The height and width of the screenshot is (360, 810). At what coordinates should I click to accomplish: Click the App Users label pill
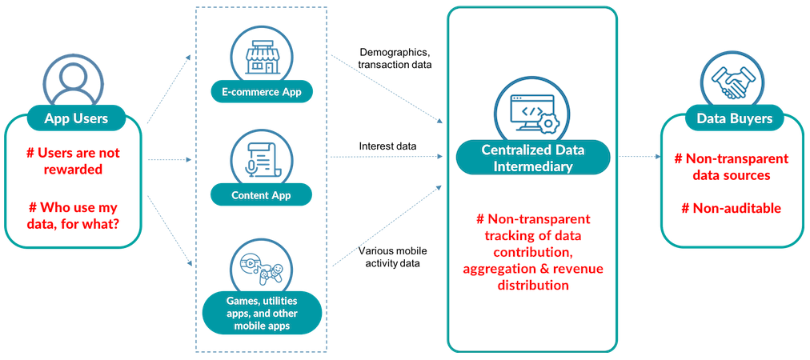click(76, 119)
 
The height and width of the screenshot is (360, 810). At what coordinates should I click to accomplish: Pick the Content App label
click(261, 194)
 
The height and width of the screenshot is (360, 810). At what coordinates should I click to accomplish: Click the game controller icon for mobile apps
click(261, 266)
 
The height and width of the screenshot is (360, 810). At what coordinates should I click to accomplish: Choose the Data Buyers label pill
click(734, 119)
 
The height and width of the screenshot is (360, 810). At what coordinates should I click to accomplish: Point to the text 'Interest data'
click(387, 146)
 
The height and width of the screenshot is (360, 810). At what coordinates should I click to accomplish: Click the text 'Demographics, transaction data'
click(395, 58)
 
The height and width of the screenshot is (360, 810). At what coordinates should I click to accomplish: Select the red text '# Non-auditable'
click(731, 208)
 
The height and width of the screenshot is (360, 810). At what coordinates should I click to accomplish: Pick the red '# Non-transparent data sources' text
click(731, 166)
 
